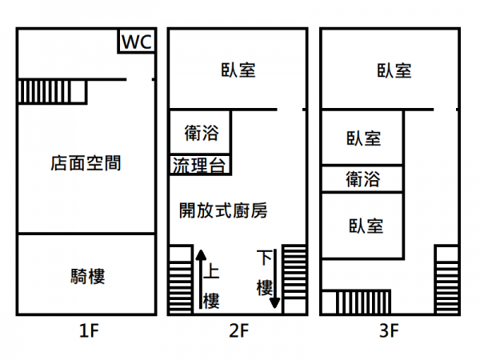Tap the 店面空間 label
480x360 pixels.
pyautogui.click(x=86, y=164)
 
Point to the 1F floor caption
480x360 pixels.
pyautogui.click(x=88, y=329)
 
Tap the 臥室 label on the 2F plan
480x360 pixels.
pyautogui.click(x=238, y=70)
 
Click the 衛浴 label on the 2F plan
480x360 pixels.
pyautogui.click(x=201, y=132)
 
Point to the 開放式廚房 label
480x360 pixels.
pyautogui.click(x=222, y=211)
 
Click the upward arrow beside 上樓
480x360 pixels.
pyautogui.click(x=198, y=280)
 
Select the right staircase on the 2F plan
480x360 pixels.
pyautogui.click(x=294, y=279)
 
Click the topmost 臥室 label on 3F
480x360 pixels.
pyautogui.click(x=394, y=70)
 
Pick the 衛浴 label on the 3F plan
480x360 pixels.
pyautogui.click(x=362, y=178)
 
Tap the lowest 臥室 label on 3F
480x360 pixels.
pyautogui.click(x=365, y=226)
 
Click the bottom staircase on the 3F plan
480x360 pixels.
pyautogui.click(x=362, y=302)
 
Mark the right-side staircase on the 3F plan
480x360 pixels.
pyautogui.click(x=446, y=279)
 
